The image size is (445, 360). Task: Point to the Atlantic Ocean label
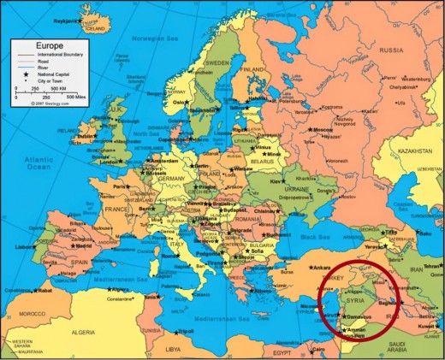click(38, 163)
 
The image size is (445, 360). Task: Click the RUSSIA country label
click(391, 50)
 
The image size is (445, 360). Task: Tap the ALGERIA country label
click(82, 331)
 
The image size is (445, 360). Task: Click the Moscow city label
click(324, 130)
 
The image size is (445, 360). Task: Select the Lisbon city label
click(24, 246)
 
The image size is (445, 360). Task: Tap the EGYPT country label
click(284, 351)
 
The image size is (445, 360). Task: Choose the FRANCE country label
click(117, 208)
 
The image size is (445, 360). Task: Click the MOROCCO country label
click(34, 313)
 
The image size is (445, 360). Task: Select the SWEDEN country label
click(218, 62)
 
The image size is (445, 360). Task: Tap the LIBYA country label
click(174, 349)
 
